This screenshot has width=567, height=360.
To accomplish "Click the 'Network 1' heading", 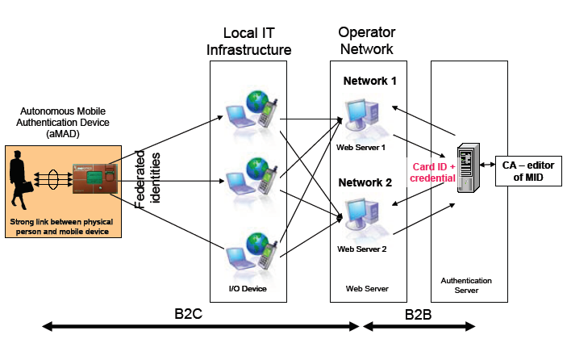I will click(370, 81).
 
